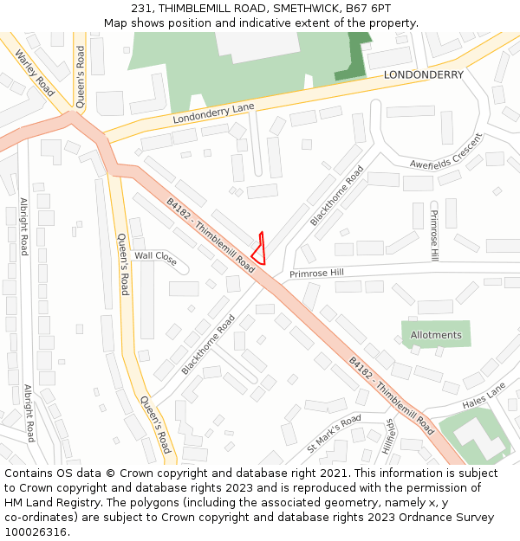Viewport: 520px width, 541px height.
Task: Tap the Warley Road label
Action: (35, 74)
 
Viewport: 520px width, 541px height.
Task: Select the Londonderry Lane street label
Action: (213, 112)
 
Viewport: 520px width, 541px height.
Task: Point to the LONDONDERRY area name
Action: (424, 74)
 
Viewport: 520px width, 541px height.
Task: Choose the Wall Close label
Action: (155, 256)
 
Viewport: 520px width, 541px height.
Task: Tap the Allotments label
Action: (436, 335)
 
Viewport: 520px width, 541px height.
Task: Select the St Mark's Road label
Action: (334, 434)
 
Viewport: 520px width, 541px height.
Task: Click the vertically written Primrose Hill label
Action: (434, 235)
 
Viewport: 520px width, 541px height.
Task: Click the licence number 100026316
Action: (36, 532)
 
